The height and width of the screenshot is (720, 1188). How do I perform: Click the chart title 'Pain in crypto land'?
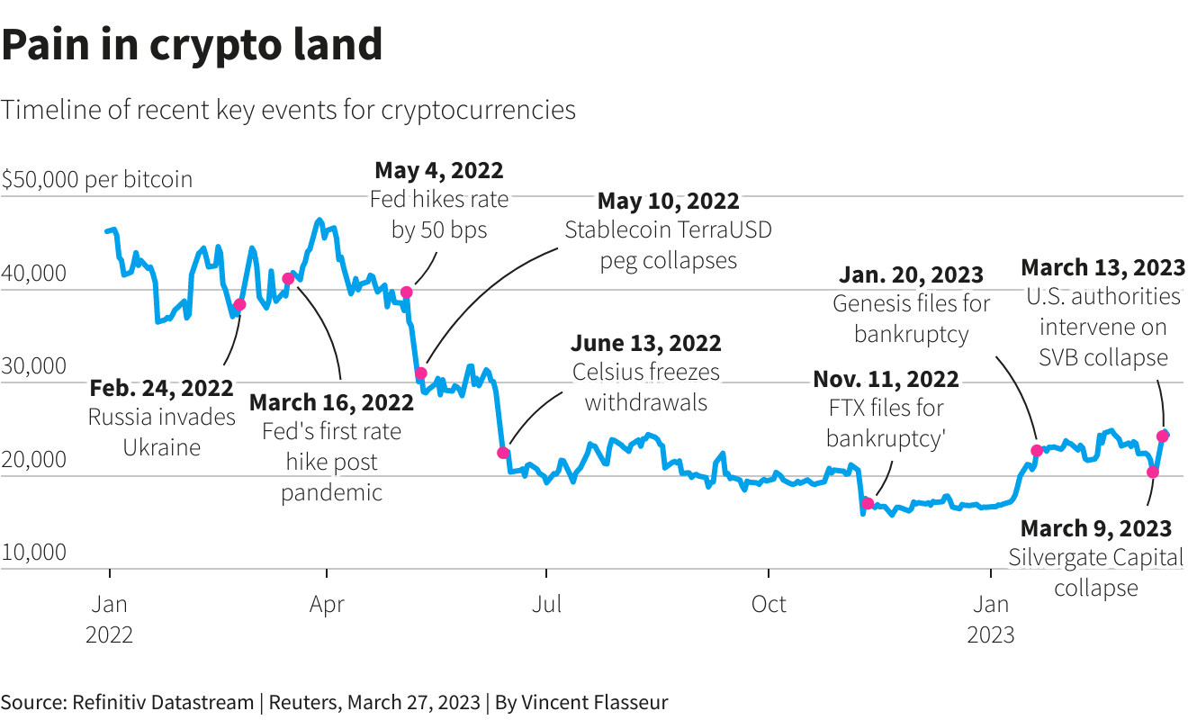[192, 45]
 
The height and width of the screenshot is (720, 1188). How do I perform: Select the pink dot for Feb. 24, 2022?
[239, 305]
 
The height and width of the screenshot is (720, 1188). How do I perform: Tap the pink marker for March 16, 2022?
[288, 279]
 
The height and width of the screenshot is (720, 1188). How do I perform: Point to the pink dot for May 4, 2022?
[407, 292]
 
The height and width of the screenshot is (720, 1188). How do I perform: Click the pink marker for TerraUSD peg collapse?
[420, 373]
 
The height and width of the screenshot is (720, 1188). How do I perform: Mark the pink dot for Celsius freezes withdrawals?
[503, 453]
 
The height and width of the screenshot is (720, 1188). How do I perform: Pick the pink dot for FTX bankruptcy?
[868, 503]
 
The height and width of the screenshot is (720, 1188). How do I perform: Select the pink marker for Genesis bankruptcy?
[1037, 450]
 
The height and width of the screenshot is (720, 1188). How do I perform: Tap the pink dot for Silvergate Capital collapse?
[1153, 472]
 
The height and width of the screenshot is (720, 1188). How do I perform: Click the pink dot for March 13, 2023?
[1163, 436]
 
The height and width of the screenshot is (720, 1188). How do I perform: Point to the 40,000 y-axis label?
[33, 273]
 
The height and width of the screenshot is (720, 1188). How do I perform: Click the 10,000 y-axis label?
[33, 552]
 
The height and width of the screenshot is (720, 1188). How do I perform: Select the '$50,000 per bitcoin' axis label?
[97, 179]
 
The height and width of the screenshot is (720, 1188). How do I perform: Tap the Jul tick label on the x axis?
[547, 604]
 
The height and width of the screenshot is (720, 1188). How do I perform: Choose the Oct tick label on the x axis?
[769, 604]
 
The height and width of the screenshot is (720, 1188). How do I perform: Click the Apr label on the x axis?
[327, 604]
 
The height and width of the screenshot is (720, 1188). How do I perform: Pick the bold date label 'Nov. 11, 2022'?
[886, 379]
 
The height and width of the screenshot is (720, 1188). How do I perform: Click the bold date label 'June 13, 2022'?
[646, 343]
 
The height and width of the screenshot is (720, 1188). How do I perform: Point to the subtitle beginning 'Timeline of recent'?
[288, 110]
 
